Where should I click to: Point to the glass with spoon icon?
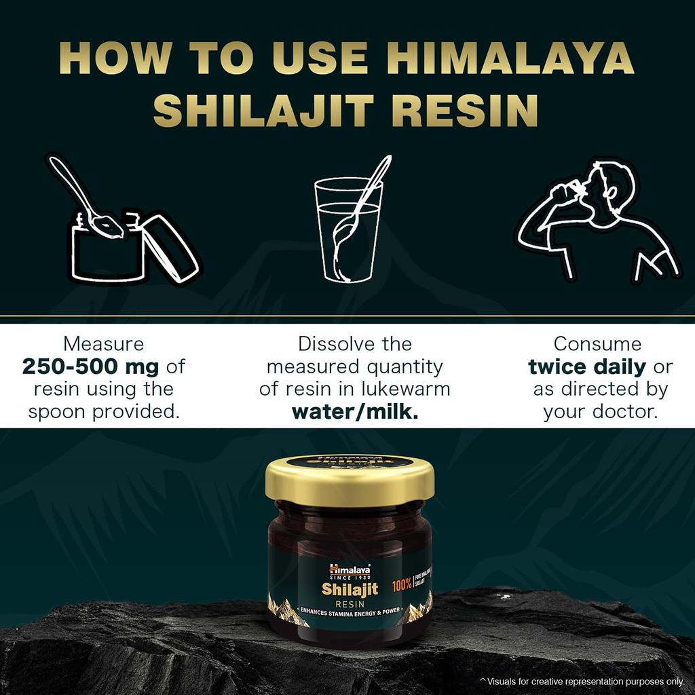pyautogui.click(x=349, y=224)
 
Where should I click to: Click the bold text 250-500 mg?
pyautogui.click(x=90, y=367)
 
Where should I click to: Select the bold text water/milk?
pyautogui.click(x=354, y=412)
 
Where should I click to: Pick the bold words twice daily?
pyautogui.click(x=587, y=367)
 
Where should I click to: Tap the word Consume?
pyautogui.click(x=597, y=344)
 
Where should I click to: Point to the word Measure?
pyautogui.click(x=104, y=344)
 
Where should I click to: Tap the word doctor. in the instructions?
pyautogui.click(x=626, y=412)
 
